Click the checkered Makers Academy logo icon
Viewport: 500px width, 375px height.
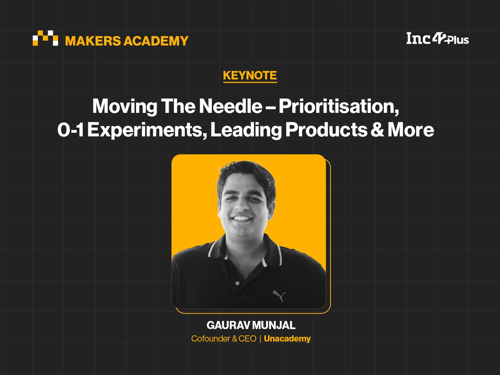coord(45,38)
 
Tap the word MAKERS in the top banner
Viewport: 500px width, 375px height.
coord(93,41)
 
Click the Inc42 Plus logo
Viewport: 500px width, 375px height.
coord(438,38)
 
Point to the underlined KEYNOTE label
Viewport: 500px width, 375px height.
coord(250,76)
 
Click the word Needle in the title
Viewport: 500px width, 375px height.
coord(231,106)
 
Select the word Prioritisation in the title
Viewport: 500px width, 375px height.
coord(339,106)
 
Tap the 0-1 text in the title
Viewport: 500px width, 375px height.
coord(70,130)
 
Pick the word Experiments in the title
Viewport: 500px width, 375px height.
coord(147,131)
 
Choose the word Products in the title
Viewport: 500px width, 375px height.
coord(326,130)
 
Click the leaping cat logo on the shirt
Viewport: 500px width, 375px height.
coord(279,296)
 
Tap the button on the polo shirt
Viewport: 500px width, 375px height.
coord(238,283)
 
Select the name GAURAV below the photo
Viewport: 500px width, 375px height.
coord(228,325)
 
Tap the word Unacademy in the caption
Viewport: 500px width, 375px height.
coord(287,339)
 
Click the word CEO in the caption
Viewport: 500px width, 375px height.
coord(247,339)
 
